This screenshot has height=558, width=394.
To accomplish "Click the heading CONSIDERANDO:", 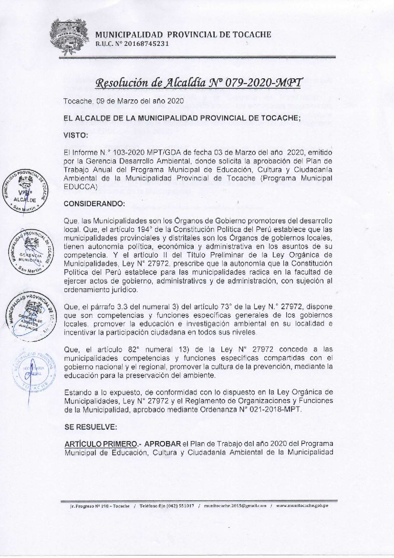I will click(94, 204).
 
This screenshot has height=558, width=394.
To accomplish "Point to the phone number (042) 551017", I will click(173, 506).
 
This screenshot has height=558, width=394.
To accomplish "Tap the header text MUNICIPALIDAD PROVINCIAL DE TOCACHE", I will click(183, 34).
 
